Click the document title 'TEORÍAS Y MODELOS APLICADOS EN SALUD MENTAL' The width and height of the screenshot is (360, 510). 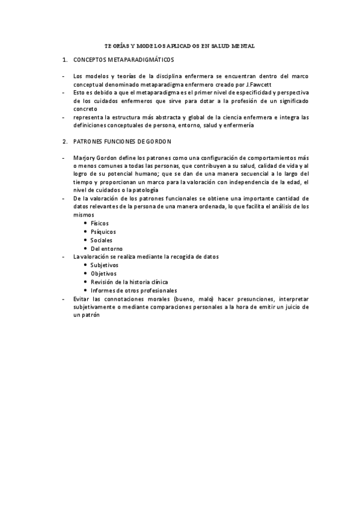pos(180,45)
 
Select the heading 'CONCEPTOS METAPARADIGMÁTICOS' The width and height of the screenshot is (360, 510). pos(123,61)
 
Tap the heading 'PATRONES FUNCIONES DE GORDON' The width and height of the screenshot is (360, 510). pos(122,141)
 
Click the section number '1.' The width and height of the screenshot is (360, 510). pos(64,61)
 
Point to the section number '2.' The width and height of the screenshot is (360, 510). pos(64,141)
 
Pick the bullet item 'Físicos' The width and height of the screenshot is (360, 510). pos(100,223)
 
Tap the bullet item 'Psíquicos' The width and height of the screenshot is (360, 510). pos(103,231)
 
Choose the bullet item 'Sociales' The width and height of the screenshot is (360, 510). pos(102,239)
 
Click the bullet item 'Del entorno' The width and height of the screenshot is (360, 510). pos(106,248)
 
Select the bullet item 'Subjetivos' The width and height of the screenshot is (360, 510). pos(105,265)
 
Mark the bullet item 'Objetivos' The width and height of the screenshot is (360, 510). pos(103,273)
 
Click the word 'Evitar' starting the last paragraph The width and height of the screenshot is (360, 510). pos(81,298)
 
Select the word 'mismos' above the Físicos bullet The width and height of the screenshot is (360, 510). pos(83,214)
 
